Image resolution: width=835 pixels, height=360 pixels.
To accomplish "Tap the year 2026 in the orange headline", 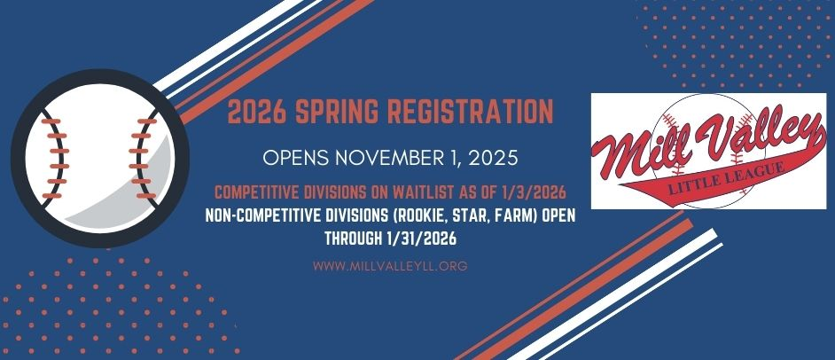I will pyautogui.click(x=256, y=112).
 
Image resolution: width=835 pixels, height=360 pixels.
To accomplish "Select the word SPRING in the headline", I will pyautogui.click(x=336, y=112).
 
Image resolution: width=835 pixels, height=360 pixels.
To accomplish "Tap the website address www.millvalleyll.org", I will pyautogui.click(x=391, y=265).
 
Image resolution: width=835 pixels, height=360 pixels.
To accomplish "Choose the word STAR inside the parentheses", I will pyautogui.click(x=476, y=216).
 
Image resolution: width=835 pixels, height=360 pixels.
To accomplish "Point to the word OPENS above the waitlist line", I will pyautogui.click(x=297, y=158).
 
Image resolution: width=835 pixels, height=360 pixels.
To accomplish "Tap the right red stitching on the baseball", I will pyautogui.click(x=138, y=147).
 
